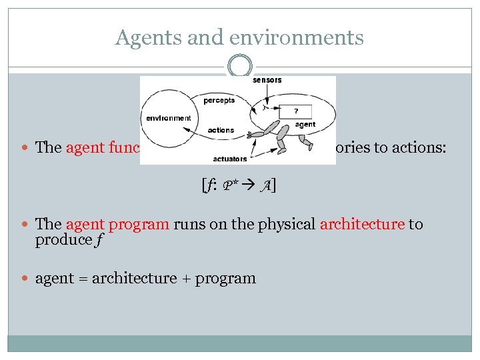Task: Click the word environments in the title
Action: point(295,37)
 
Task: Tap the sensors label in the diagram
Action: point(267,80)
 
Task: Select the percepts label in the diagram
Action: point(219,101)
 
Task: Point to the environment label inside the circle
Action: point(168,118)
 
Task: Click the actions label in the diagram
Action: point(221,130)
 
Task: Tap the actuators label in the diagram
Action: point(230,159)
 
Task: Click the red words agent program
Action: point(117,224)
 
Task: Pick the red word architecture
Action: point(362,224)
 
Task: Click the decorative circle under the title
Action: point(239,67)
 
